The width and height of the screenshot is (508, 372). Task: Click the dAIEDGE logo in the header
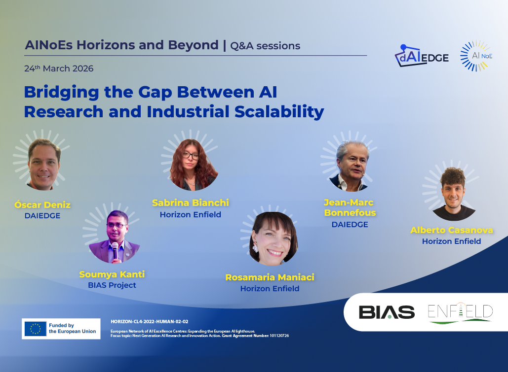tap(422, 56)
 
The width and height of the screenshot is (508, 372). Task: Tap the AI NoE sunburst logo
tap(476, 56)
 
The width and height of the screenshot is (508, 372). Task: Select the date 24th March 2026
tap(59, 68)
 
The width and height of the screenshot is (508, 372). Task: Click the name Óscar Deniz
tap(42, 205)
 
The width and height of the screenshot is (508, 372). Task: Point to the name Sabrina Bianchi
tap(191, 203)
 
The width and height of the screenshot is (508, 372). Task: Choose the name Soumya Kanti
tap(112, 274)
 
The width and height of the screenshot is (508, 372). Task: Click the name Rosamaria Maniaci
tap(270, 277)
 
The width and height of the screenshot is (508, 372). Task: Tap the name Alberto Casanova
tap(452, 230)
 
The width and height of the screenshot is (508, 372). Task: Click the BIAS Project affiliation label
tap(112, 285)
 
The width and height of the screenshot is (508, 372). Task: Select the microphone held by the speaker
tap(115, 250)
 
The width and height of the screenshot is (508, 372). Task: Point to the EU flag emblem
tap(36, 329)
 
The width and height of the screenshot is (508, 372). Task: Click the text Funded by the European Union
tap(72, 328)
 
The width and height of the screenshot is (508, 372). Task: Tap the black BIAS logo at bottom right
tap(387, 312)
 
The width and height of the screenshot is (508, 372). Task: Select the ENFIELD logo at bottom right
tap(460, 313)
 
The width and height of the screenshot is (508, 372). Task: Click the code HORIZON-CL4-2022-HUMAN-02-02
tap(150, 322)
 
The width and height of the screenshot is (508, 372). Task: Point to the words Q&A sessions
tap(265, 46)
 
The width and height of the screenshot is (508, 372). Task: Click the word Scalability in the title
tap(279, 112)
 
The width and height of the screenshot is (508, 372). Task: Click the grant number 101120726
tap(279, 336)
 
